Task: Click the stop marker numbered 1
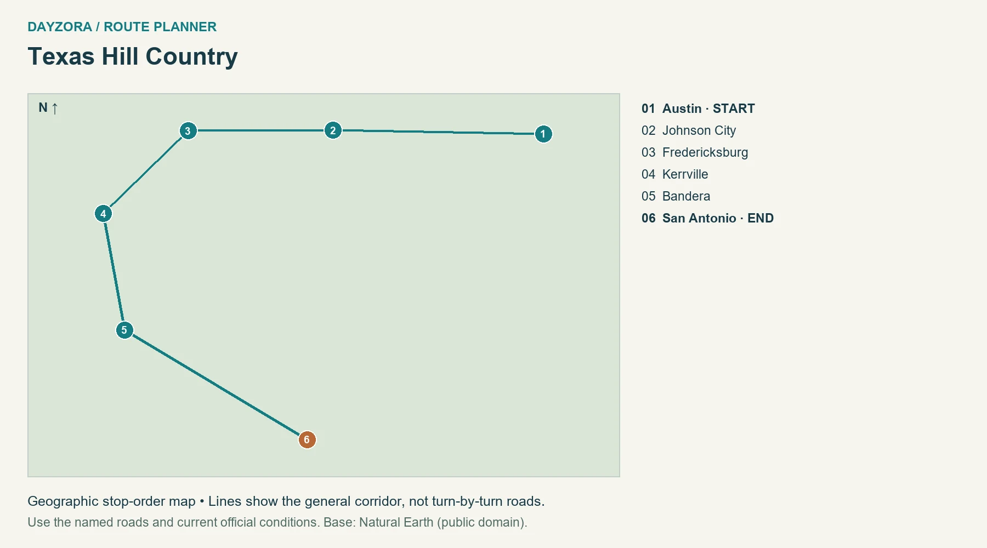pos(543,134)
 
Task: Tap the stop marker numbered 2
pos(333,130)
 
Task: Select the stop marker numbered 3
pos(188,131)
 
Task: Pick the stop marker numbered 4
pos(103,214)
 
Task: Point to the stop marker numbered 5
pos(124,330)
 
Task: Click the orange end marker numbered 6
pos(307,439)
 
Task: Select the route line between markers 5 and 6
pos(215,385)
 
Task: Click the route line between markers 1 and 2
pos(438,132)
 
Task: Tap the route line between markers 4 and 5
pos(114,272)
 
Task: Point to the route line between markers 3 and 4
pos(145,172)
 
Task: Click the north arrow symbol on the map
pos(55,108)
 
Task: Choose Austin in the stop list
pos(682,109)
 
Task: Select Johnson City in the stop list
pos(699,130)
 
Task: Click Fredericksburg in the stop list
pos(705,152)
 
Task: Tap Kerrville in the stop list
pos(685,174)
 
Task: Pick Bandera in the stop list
pos(686,196)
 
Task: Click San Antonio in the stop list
pos(699,218)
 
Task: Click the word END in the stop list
pos(761,218)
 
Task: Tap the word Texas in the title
pos(61,56)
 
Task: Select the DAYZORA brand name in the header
pos(60,27)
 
